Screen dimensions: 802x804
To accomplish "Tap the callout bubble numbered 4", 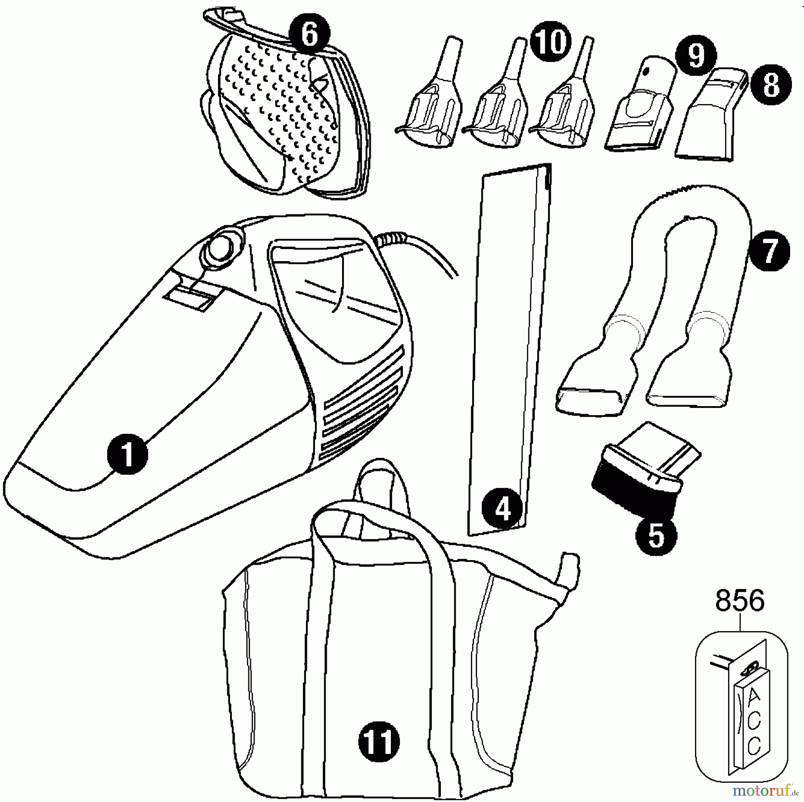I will click(502, 509).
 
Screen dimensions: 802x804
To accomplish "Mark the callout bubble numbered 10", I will click(551, 42).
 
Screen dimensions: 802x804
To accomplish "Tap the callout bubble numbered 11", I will click(379, 741).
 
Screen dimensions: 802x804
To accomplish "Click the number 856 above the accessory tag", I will click(740, 602).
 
